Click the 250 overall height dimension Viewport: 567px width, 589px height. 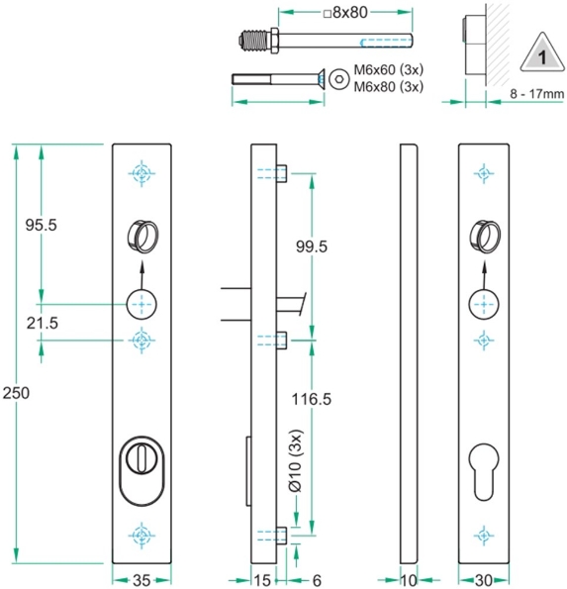tap(16, 393)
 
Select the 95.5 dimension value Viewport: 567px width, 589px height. tap(41, 225)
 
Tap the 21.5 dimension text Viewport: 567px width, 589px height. tap(41, 323)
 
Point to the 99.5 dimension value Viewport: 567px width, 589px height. tap(310, 246)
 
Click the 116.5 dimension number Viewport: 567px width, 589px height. tap(310, 399)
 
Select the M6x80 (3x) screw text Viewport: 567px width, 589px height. tap(388, 87)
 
